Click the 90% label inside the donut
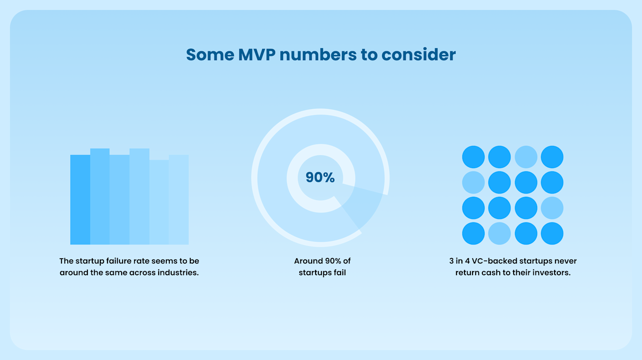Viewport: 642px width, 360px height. click(320, 177)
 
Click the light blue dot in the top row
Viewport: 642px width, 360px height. click(526, 157)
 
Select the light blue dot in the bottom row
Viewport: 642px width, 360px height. click(499, 233)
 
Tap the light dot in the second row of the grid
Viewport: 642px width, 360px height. click(473, 182)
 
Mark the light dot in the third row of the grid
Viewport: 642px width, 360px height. click(552, 208)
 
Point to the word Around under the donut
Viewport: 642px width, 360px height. click(308, 261)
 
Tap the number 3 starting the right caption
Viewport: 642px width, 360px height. click(452, 261)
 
